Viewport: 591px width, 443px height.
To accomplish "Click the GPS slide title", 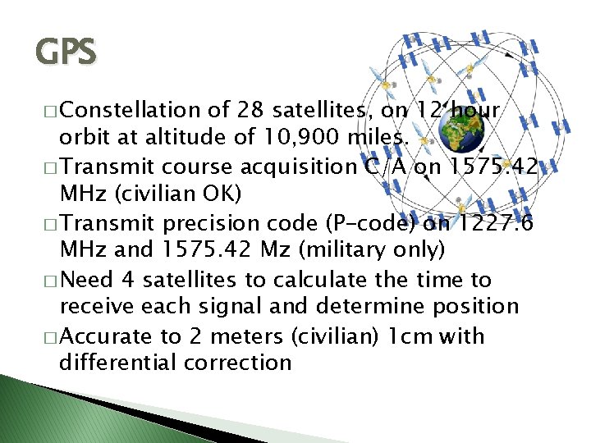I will coord(66,53).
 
